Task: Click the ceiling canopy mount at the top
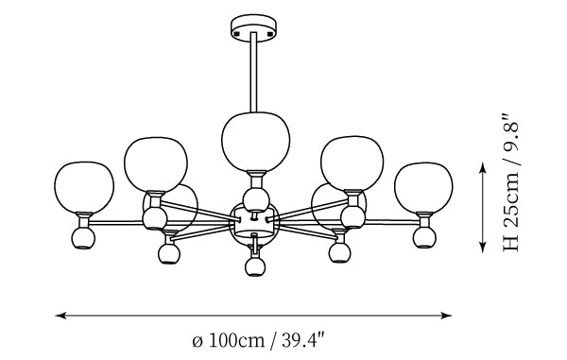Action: [254, 28]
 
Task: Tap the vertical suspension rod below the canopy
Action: [254, 73]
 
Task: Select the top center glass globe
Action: [256, 142]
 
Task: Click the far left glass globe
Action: [84, 187]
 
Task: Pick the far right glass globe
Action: [423, 188]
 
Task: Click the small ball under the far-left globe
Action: [83, 238]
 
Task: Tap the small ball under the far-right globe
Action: [424, 237]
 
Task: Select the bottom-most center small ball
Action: [255, 266]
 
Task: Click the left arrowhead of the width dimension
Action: [60, 316]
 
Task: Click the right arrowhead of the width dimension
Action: [447, 316]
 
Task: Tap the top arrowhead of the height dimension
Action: [482, 167]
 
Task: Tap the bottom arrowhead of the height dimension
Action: [482, 247]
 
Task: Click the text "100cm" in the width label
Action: [237, 340]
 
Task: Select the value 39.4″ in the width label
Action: [302, 340]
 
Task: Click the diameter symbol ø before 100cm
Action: [198, 341]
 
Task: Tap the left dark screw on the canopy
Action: [237, 33]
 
